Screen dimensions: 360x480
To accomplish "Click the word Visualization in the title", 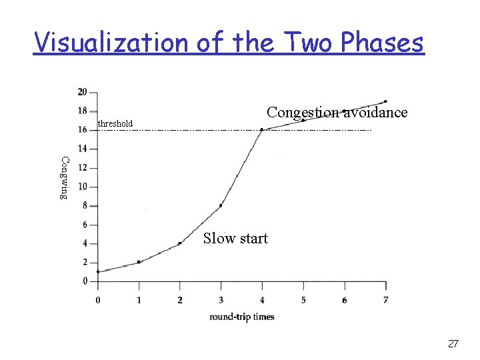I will [x=111, y=43].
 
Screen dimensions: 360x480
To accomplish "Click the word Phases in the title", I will [x=382, y=43].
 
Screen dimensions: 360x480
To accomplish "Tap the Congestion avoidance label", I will [x=337, y=112].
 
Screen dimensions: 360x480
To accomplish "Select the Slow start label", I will [x=235, y=238].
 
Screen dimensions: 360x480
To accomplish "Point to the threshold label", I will [x=115, y=123].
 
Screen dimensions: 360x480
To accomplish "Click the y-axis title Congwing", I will [x=64, y=177].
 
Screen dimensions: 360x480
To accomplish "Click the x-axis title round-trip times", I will [x=242, y=317].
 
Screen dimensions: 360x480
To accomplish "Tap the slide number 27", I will [x=453, y=343].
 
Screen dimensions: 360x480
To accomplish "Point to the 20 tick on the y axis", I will [x=82, y=91].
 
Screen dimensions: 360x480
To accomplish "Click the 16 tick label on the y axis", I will [x=82, y=129].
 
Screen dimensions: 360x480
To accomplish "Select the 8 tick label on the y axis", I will [x=85, y=205].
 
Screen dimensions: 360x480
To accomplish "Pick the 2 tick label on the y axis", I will [x=85, y=263].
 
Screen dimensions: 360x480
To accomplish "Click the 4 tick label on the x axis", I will [x=262, y=300].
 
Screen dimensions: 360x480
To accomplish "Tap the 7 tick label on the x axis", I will [x=386, y=300].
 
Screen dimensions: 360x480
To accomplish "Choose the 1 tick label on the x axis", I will [x=139, y=300].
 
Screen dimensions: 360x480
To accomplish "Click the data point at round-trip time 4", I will [x=262, y=129].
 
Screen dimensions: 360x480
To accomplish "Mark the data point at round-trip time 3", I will [x=221, y=205].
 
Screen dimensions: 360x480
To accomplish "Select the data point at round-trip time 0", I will [x=98, y=271].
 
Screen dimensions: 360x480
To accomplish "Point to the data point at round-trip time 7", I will [x=385, y=101].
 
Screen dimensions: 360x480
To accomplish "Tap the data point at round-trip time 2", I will [x=179, y=243].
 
